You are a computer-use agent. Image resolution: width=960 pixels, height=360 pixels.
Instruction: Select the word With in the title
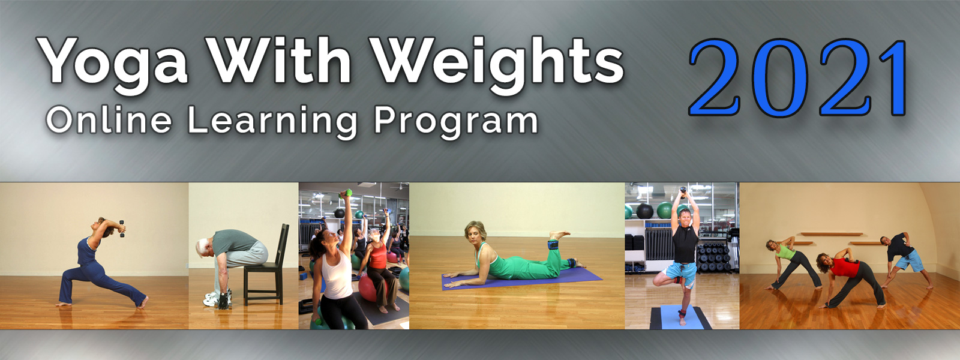278,60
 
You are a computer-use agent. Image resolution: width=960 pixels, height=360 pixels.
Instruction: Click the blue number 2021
798,77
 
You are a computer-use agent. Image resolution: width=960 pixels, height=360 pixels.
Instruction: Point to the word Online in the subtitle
109,120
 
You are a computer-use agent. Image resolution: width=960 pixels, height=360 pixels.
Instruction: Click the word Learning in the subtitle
272,122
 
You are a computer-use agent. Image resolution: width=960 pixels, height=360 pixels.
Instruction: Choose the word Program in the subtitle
456,122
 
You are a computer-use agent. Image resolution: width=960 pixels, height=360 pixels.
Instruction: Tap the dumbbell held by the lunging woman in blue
122,229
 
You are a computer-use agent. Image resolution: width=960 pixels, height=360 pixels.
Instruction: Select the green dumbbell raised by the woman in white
346,194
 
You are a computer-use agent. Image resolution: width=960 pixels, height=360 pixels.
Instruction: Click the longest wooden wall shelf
832,234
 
